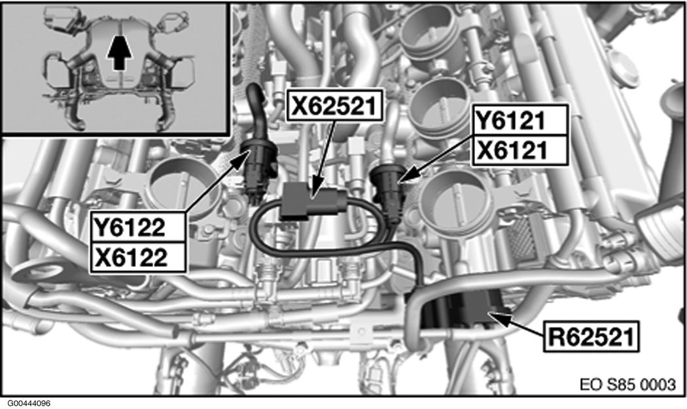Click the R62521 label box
[591, 336]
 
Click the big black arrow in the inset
[119, 52]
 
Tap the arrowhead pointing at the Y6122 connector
[240, 158]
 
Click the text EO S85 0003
[628, 384]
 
